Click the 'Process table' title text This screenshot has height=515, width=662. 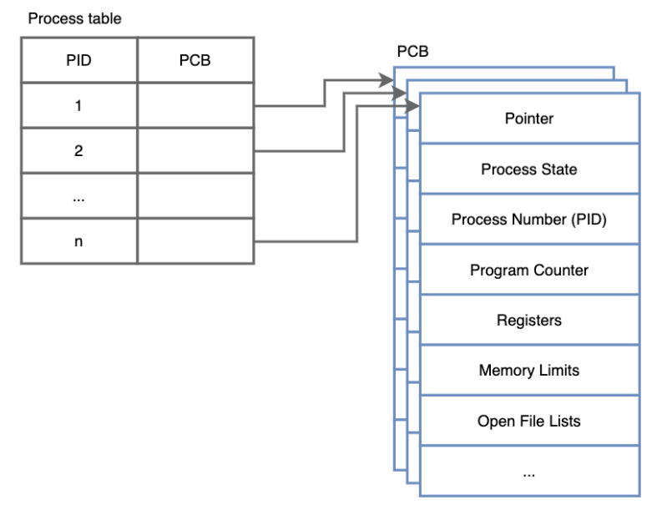(74, 18)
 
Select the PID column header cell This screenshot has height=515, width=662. (78, 61)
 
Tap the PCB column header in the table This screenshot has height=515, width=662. (195, 61)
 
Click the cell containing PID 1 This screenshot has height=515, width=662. (78, 106)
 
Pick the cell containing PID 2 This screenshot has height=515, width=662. (78, 151)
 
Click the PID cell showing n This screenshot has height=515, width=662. (78, 241)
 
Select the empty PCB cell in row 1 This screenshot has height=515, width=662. (195, 106)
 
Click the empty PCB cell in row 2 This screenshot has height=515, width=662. (195, 151)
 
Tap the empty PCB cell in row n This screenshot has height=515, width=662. (195, 241)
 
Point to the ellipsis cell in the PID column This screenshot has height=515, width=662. (78, 196)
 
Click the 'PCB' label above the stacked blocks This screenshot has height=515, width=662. (412, 52)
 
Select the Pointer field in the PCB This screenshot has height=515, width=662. (528, 119)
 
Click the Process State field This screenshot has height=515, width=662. (528, 169)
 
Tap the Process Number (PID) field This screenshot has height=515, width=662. (528, 220)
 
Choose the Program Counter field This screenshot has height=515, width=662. (528, 270)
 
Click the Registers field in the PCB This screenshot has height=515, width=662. (528, 320)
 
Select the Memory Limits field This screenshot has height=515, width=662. (528, 370)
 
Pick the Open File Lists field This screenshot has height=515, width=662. (528, 421)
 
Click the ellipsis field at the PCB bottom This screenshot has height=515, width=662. (528, 472)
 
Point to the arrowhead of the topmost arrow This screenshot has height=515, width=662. (387, 81)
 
